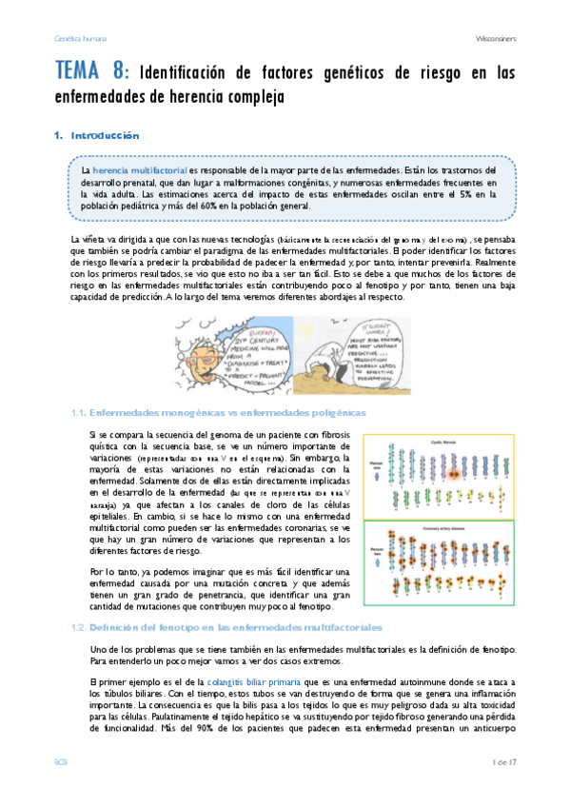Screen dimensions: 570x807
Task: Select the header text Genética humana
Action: (x=79, y=39)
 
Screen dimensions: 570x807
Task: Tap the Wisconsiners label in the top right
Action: (x=494, y=39)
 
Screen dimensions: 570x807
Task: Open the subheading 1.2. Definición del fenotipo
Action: (x=233, y=628)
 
